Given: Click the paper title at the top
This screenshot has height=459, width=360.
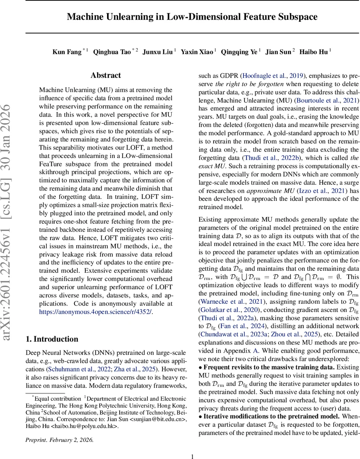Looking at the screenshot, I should (192, 17).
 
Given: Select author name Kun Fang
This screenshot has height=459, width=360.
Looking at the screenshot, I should (67, 52).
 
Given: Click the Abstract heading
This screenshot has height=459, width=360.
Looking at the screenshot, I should (105, 75).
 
